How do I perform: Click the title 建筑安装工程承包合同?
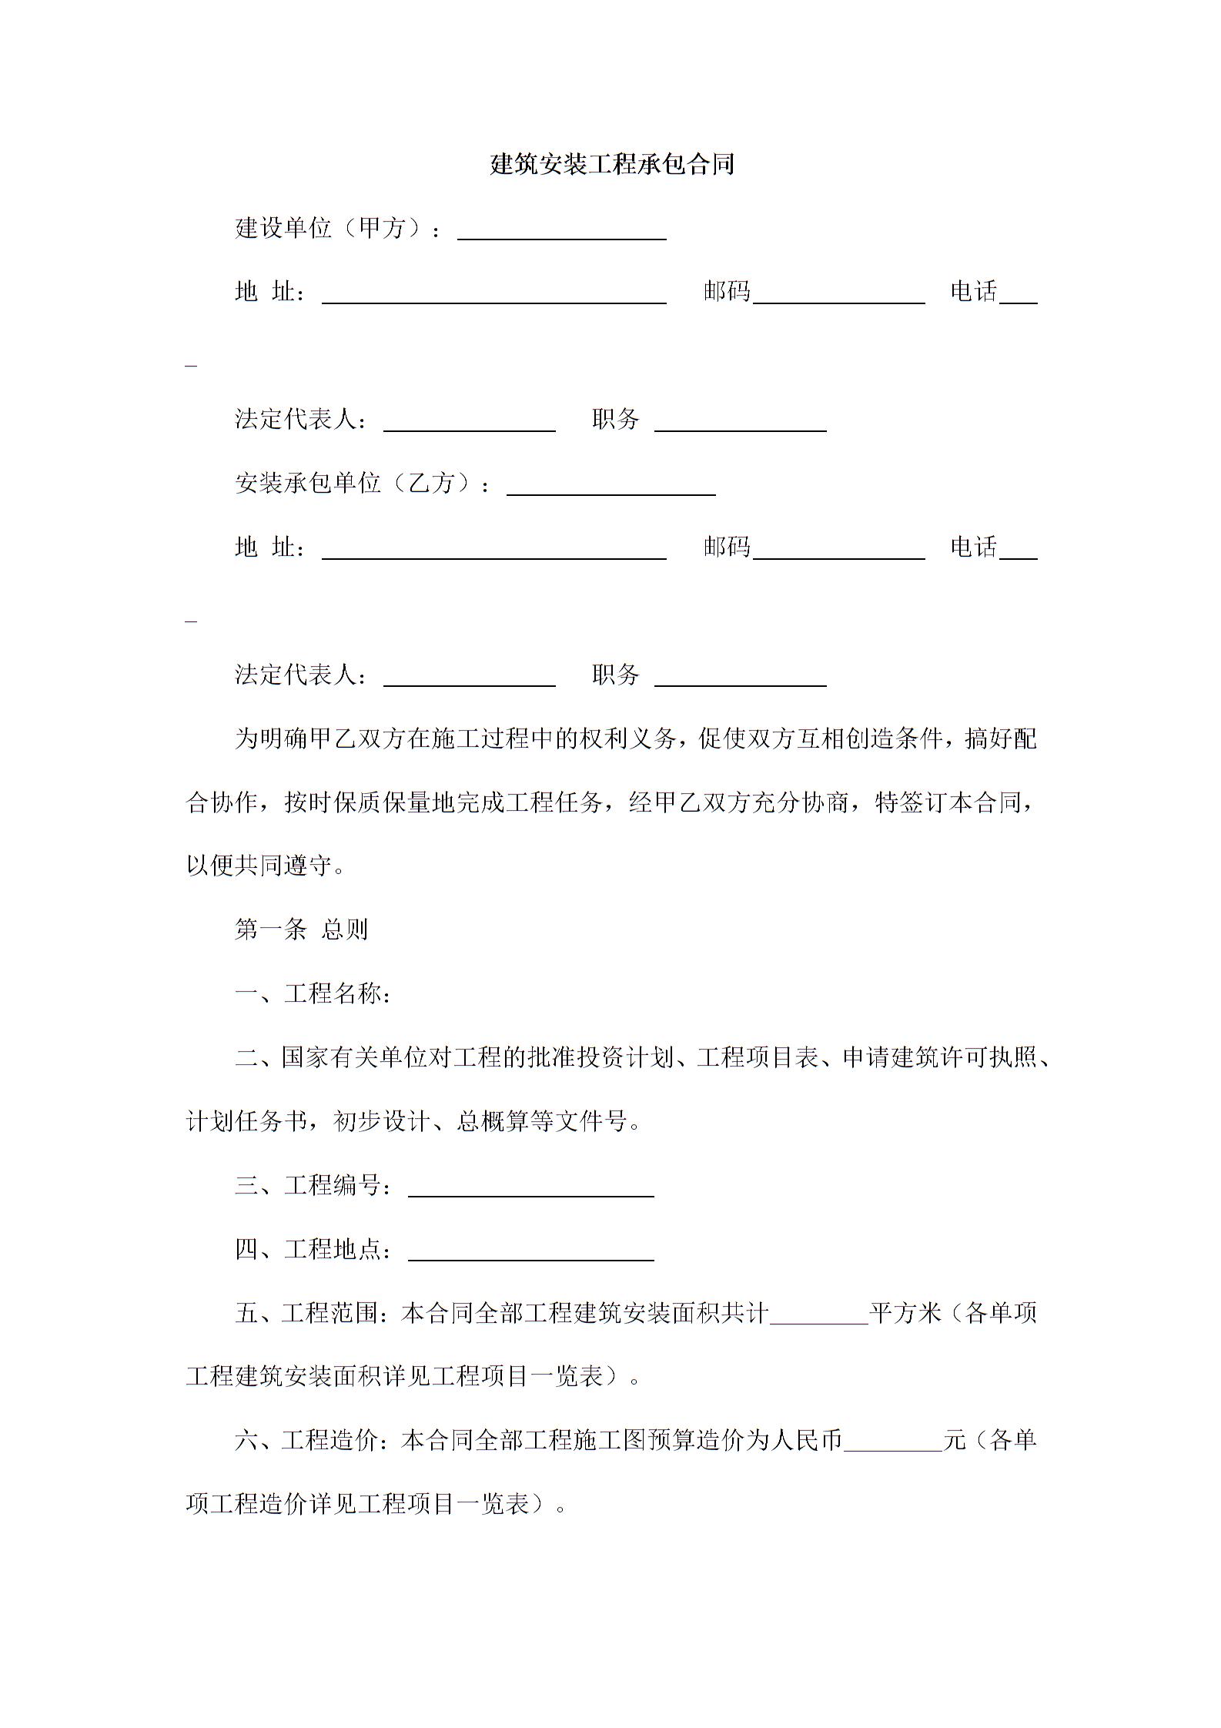point(612,164)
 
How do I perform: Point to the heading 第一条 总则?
point(301,929)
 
